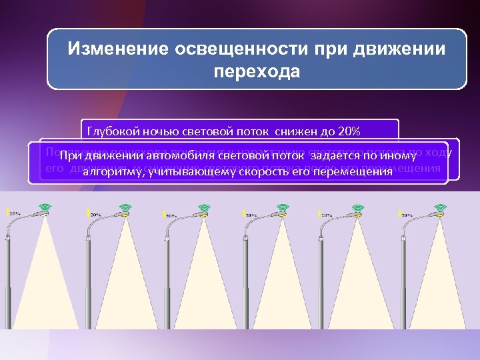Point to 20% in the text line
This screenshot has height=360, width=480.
pyautogui.click(x=347, y=131)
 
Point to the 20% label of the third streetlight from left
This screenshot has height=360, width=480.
pyautogui.click(x=171, y=215)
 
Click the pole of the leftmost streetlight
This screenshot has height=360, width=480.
pyautogui.click(x=8, y=280)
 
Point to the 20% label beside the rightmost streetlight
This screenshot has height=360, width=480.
pyautogui.click(x=405, y=215)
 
